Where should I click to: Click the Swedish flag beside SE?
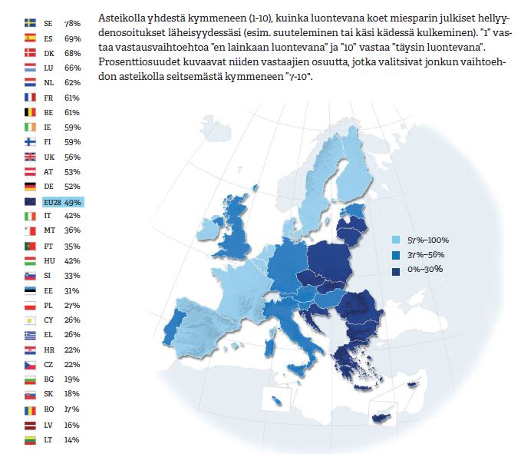click(x=30, y=23)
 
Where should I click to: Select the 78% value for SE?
click(x=72, y=23)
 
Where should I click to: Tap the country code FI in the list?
click(x=48, y=142)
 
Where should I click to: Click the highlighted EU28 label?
click(x=52, y=202)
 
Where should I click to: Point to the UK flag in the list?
click(x=30, y=157)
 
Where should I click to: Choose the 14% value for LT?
click(x=72, y=440)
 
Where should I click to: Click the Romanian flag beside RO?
click(x=30, y=411)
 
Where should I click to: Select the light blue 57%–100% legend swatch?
click(x=396, y=240)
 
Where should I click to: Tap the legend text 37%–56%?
click(x=426, y=255)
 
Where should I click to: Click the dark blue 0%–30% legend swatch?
click(x=396, y=271)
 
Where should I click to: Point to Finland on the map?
click(x=354, y=166)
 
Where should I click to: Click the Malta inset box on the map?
click(x=276, y=399)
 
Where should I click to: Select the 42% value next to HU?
click(x=72, y=261)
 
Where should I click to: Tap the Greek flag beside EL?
click(x=30, y=336)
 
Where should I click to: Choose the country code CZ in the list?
click(x=48, y=365)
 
